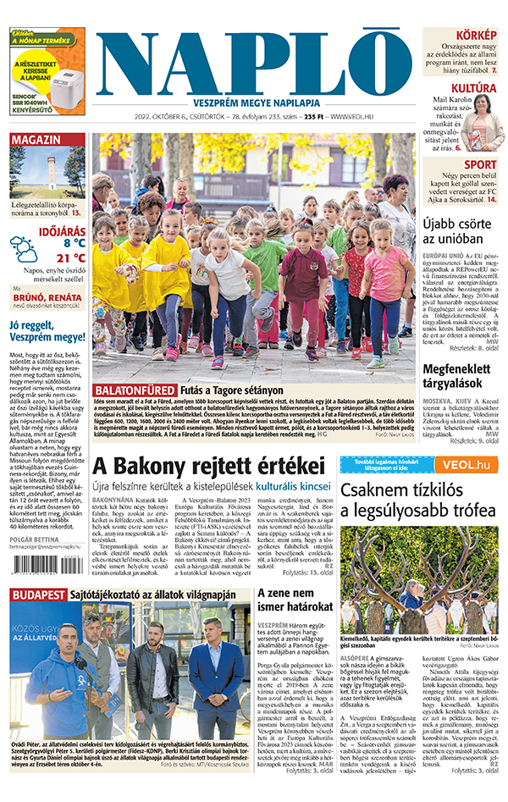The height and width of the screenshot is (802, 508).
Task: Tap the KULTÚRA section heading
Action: pos(473,88)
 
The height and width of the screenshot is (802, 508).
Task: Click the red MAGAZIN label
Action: pos(36,140)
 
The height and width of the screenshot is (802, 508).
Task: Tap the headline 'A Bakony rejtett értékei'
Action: pos(208,467)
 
